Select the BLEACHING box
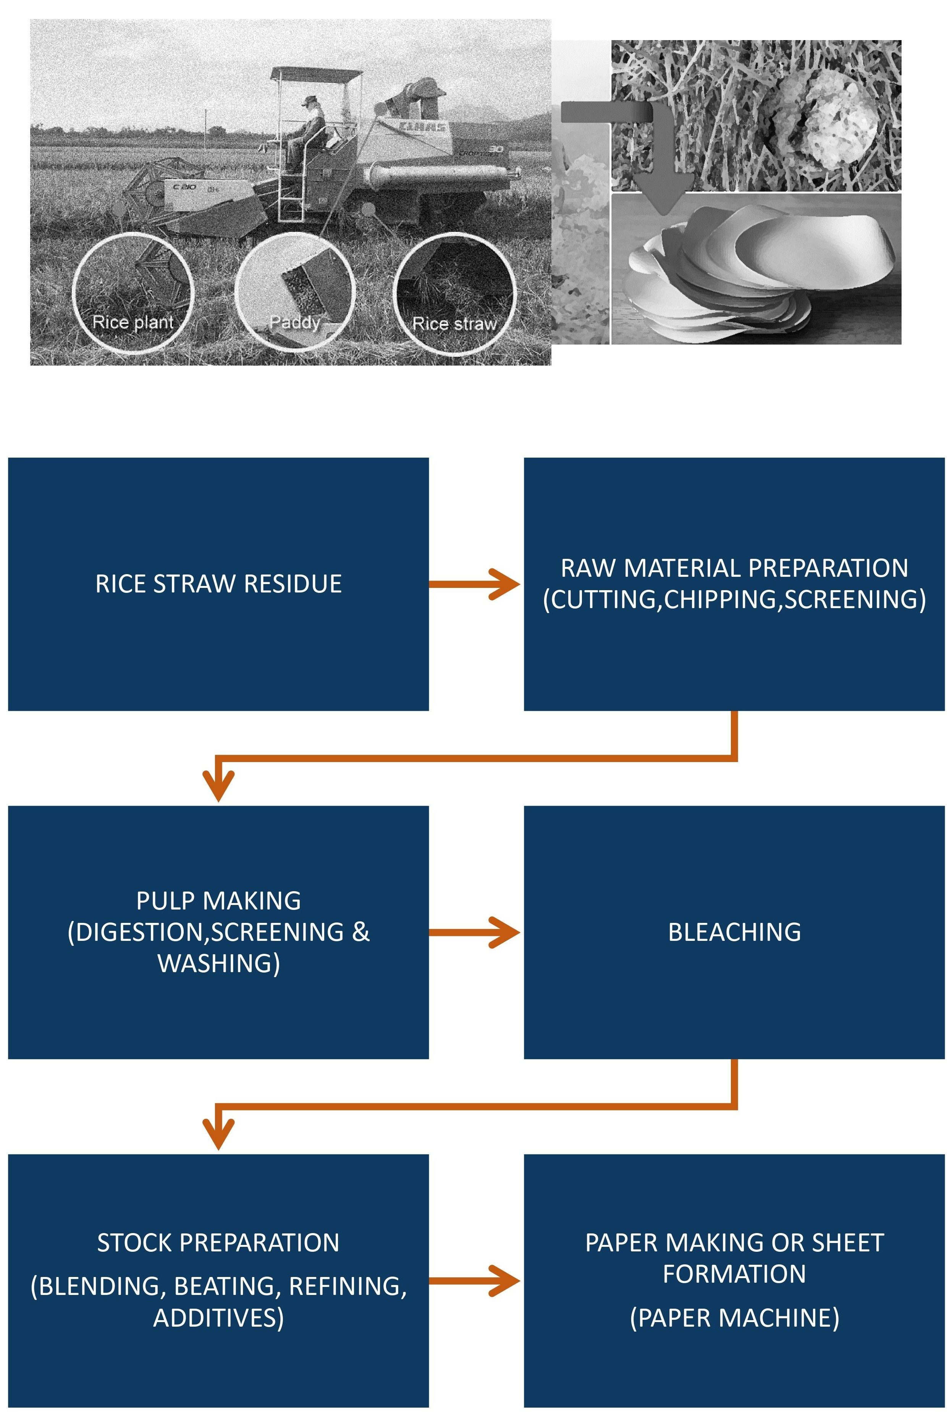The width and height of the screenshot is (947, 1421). (734, 932)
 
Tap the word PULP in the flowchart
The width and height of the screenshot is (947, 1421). (160, 901)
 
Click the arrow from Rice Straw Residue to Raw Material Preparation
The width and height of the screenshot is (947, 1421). (475, 584)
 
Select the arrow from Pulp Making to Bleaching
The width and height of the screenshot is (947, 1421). (475, 932)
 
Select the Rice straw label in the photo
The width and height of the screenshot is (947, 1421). (454, 324)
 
